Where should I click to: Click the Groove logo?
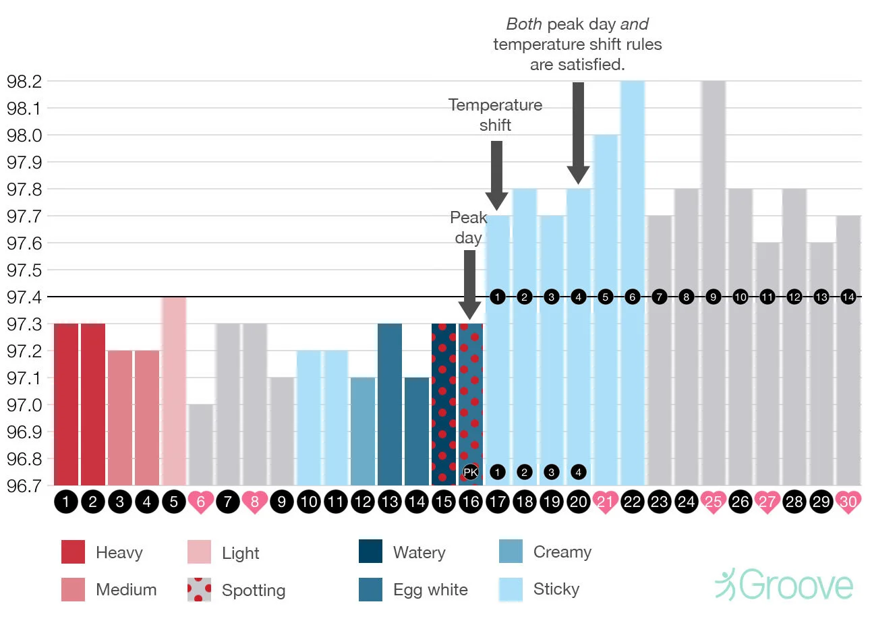coord(784,585)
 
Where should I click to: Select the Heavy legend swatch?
coord(73,551)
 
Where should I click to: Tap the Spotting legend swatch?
coord(199,589)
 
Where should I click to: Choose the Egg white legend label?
coord(430,590)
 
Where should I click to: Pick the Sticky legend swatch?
coord(511,589)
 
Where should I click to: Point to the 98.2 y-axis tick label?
coord(24,82)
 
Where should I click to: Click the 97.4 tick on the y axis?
coord(24,297)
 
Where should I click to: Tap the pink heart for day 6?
coord(200,502)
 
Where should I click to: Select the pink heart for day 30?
coord(848,502)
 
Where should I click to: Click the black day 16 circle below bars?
coord(470,502)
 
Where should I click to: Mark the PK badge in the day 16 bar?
coord(471,472)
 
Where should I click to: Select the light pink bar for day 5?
coord(174,391)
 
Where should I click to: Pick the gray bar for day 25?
coord(713,283)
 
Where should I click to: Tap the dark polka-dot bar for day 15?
coord(443,405)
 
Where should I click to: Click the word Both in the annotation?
coord(524,24)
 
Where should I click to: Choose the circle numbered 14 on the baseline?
coord(848,297)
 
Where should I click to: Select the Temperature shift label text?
coord(495,115)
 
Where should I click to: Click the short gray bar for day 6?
coord(201,445)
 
